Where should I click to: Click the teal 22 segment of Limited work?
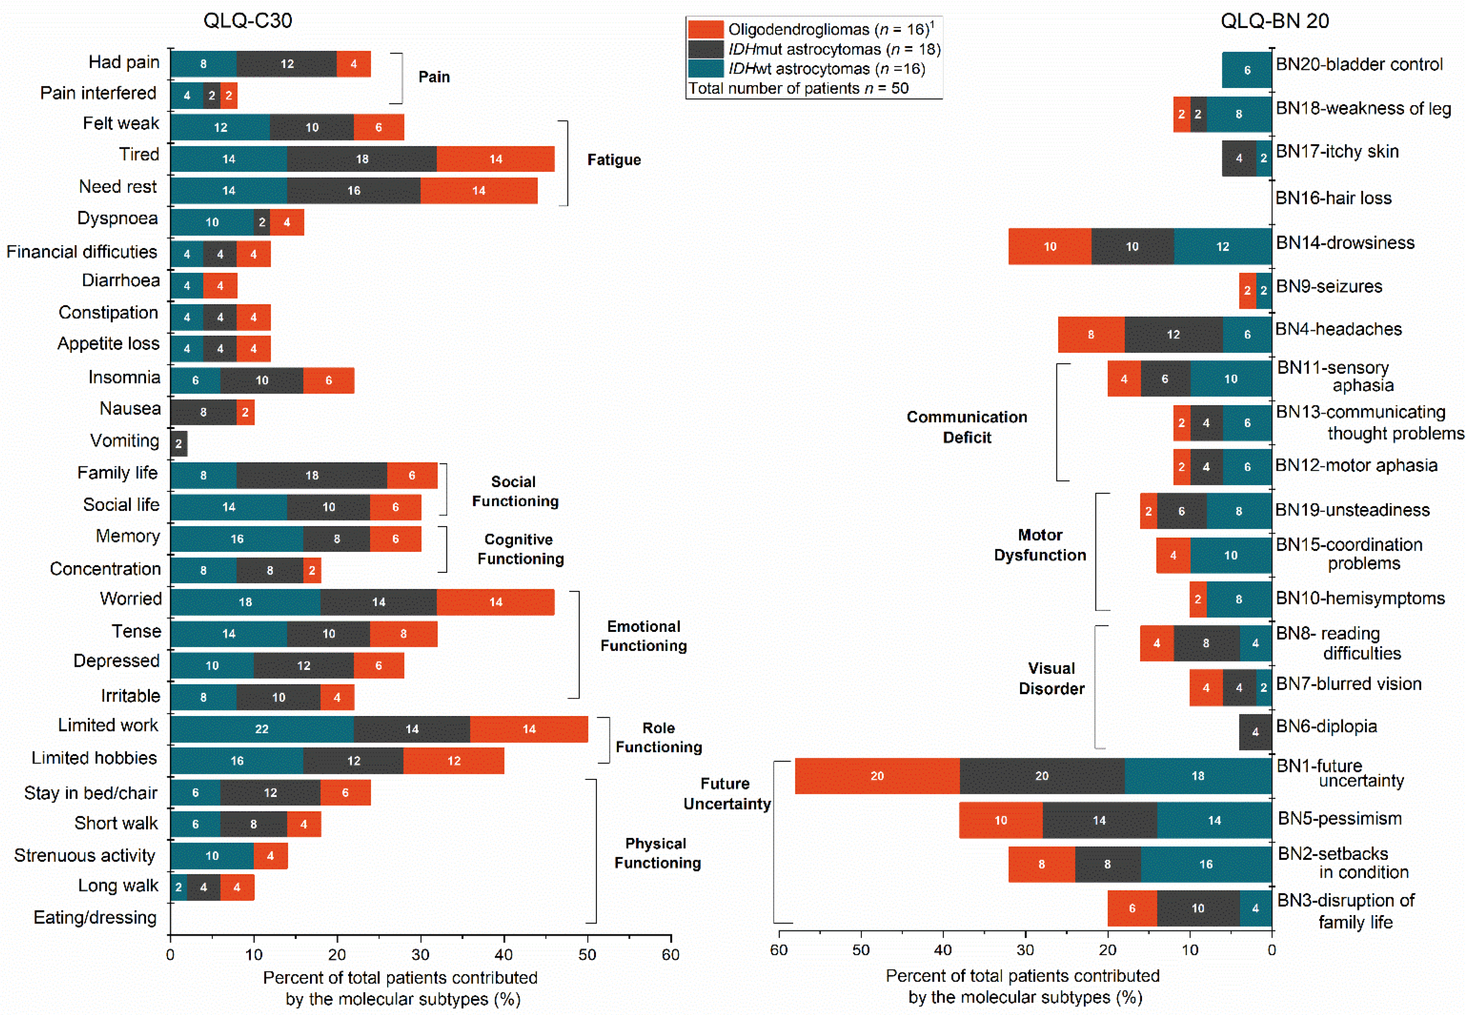(261, 729)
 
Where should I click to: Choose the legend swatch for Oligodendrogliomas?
(706, 29)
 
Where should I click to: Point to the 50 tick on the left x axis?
(587, 954)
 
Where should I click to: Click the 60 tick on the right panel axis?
(779, 949)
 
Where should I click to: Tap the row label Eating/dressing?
(95, 917)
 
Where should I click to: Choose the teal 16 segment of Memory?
(237, 539)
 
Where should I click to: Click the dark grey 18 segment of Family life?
(312, 475)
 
